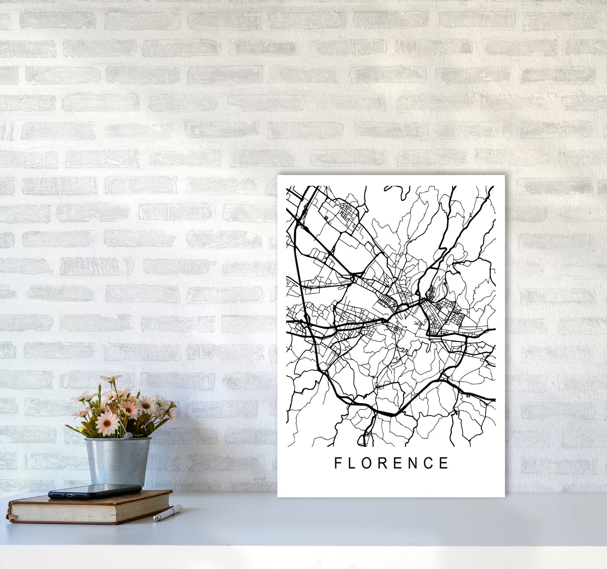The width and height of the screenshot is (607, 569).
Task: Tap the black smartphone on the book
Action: (x=95, y=491)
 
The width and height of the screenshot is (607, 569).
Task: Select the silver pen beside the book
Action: (x=168, y=513)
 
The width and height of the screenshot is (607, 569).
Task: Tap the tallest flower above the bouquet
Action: (x=110, y=379)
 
